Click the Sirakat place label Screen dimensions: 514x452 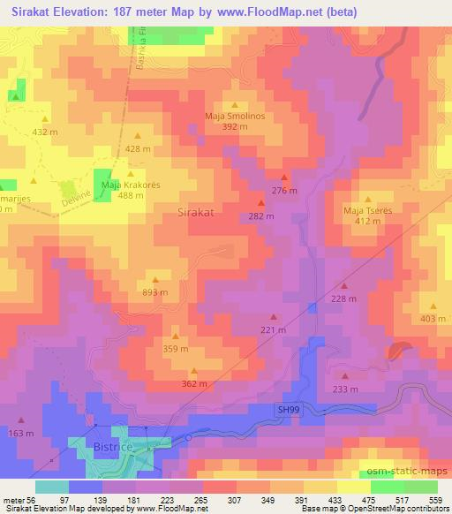[196, 213]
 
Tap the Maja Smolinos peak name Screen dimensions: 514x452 [235, 116]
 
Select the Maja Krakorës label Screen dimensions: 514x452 [131, 185]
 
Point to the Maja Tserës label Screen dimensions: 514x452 [366, 210]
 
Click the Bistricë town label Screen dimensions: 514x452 [113, 450]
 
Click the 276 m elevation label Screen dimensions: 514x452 [283, 191]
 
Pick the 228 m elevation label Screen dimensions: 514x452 [344, 299]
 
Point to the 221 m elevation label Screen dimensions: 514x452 [273, 329]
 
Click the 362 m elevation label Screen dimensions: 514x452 [193, 383]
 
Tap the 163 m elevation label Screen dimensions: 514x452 [20, 434]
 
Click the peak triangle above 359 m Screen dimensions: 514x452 [175, 336]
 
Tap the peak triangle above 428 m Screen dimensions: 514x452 [138, 136]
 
